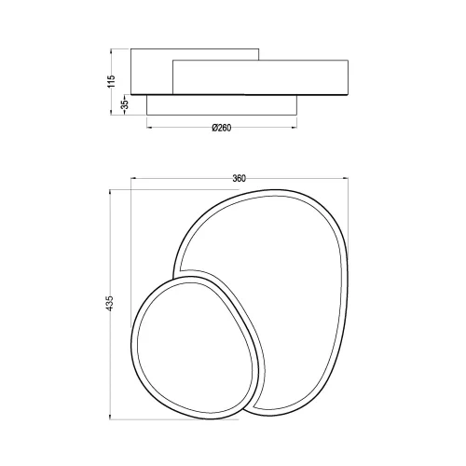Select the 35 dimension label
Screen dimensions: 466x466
122,105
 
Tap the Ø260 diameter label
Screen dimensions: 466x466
221,128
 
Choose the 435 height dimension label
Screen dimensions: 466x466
110,302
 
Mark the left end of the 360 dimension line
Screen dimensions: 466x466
132,179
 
